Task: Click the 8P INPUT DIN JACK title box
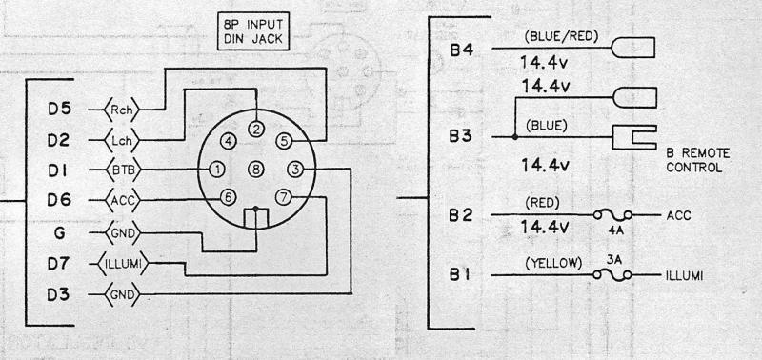point(253,31)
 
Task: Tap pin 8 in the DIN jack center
point(255,170)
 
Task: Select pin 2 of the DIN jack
point(255,129)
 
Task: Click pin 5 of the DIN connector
point(284,141)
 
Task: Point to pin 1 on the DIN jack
point(217,170)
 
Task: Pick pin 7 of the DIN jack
point(284,197)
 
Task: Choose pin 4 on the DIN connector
point(228,141)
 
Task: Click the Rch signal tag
point(121,110)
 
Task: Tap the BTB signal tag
point(122,170)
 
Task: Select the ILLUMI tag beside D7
point(125,263)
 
